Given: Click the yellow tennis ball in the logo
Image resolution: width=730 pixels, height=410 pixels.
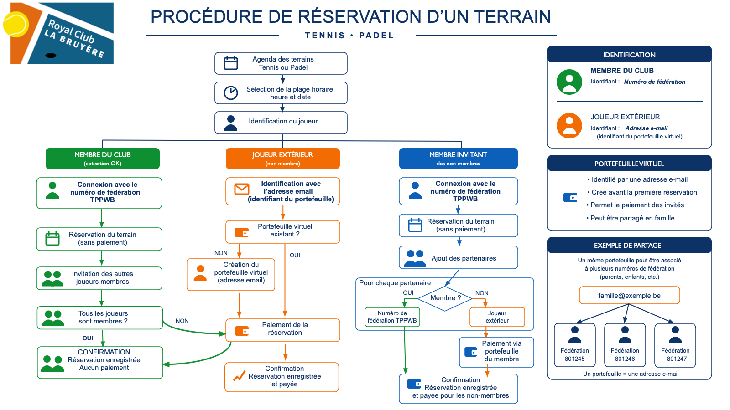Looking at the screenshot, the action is tap(16, 24).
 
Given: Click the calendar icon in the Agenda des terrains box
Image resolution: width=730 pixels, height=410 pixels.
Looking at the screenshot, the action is tap(231, 63).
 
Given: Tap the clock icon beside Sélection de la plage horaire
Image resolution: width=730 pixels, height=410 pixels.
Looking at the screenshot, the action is tap(231, 93).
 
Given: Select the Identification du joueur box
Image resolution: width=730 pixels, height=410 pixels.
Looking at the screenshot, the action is tap(281, 123).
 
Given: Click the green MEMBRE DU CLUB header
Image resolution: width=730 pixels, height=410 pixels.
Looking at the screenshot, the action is tap(103, 159).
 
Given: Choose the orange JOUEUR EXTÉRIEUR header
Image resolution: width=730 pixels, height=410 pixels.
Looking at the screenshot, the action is tap(283, 159).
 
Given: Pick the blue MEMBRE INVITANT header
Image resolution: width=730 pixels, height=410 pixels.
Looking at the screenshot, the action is tap(458, 159).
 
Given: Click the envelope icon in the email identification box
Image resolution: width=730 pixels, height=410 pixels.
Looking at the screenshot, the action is tap(242, 189).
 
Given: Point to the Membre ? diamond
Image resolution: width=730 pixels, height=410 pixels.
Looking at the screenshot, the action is tap(445, 298).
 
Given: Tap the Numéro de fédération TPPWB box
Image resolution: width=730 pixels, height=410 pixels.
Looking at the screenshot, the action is tap(392, 317).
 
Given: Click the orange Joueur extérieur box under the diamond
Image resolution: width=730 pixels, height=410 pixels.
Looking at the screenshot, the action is tap(497, 317).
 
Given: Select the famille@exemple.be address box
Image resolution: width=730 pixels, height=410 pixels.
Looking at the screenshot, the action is tap(629, 296).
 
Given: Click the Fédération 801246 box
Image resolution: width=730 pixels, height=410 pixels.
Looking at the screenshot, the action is tap(625, 345).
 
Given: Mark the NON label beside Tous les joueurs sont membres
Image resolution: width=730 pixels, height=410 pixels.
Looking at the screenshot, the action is tap(182, 321).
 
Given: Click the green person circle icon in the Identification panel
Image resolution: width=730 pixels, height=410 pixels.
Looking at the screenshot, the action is tap(569, 82).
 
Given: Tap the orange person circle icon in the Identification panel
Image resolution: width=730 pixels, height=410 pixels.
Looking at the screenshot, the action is tap(569, 126).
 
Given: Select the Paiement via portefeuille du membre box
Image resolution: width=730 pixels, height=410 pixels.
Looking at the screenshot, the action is tap(497, 352).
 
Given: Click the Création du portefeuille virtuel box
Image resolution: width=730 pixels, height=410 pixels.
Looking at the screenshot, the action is tap(231, 275).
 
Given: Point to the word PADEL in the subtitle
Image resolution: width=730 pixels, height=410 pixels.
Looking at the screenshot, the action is tap(376, 36).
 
